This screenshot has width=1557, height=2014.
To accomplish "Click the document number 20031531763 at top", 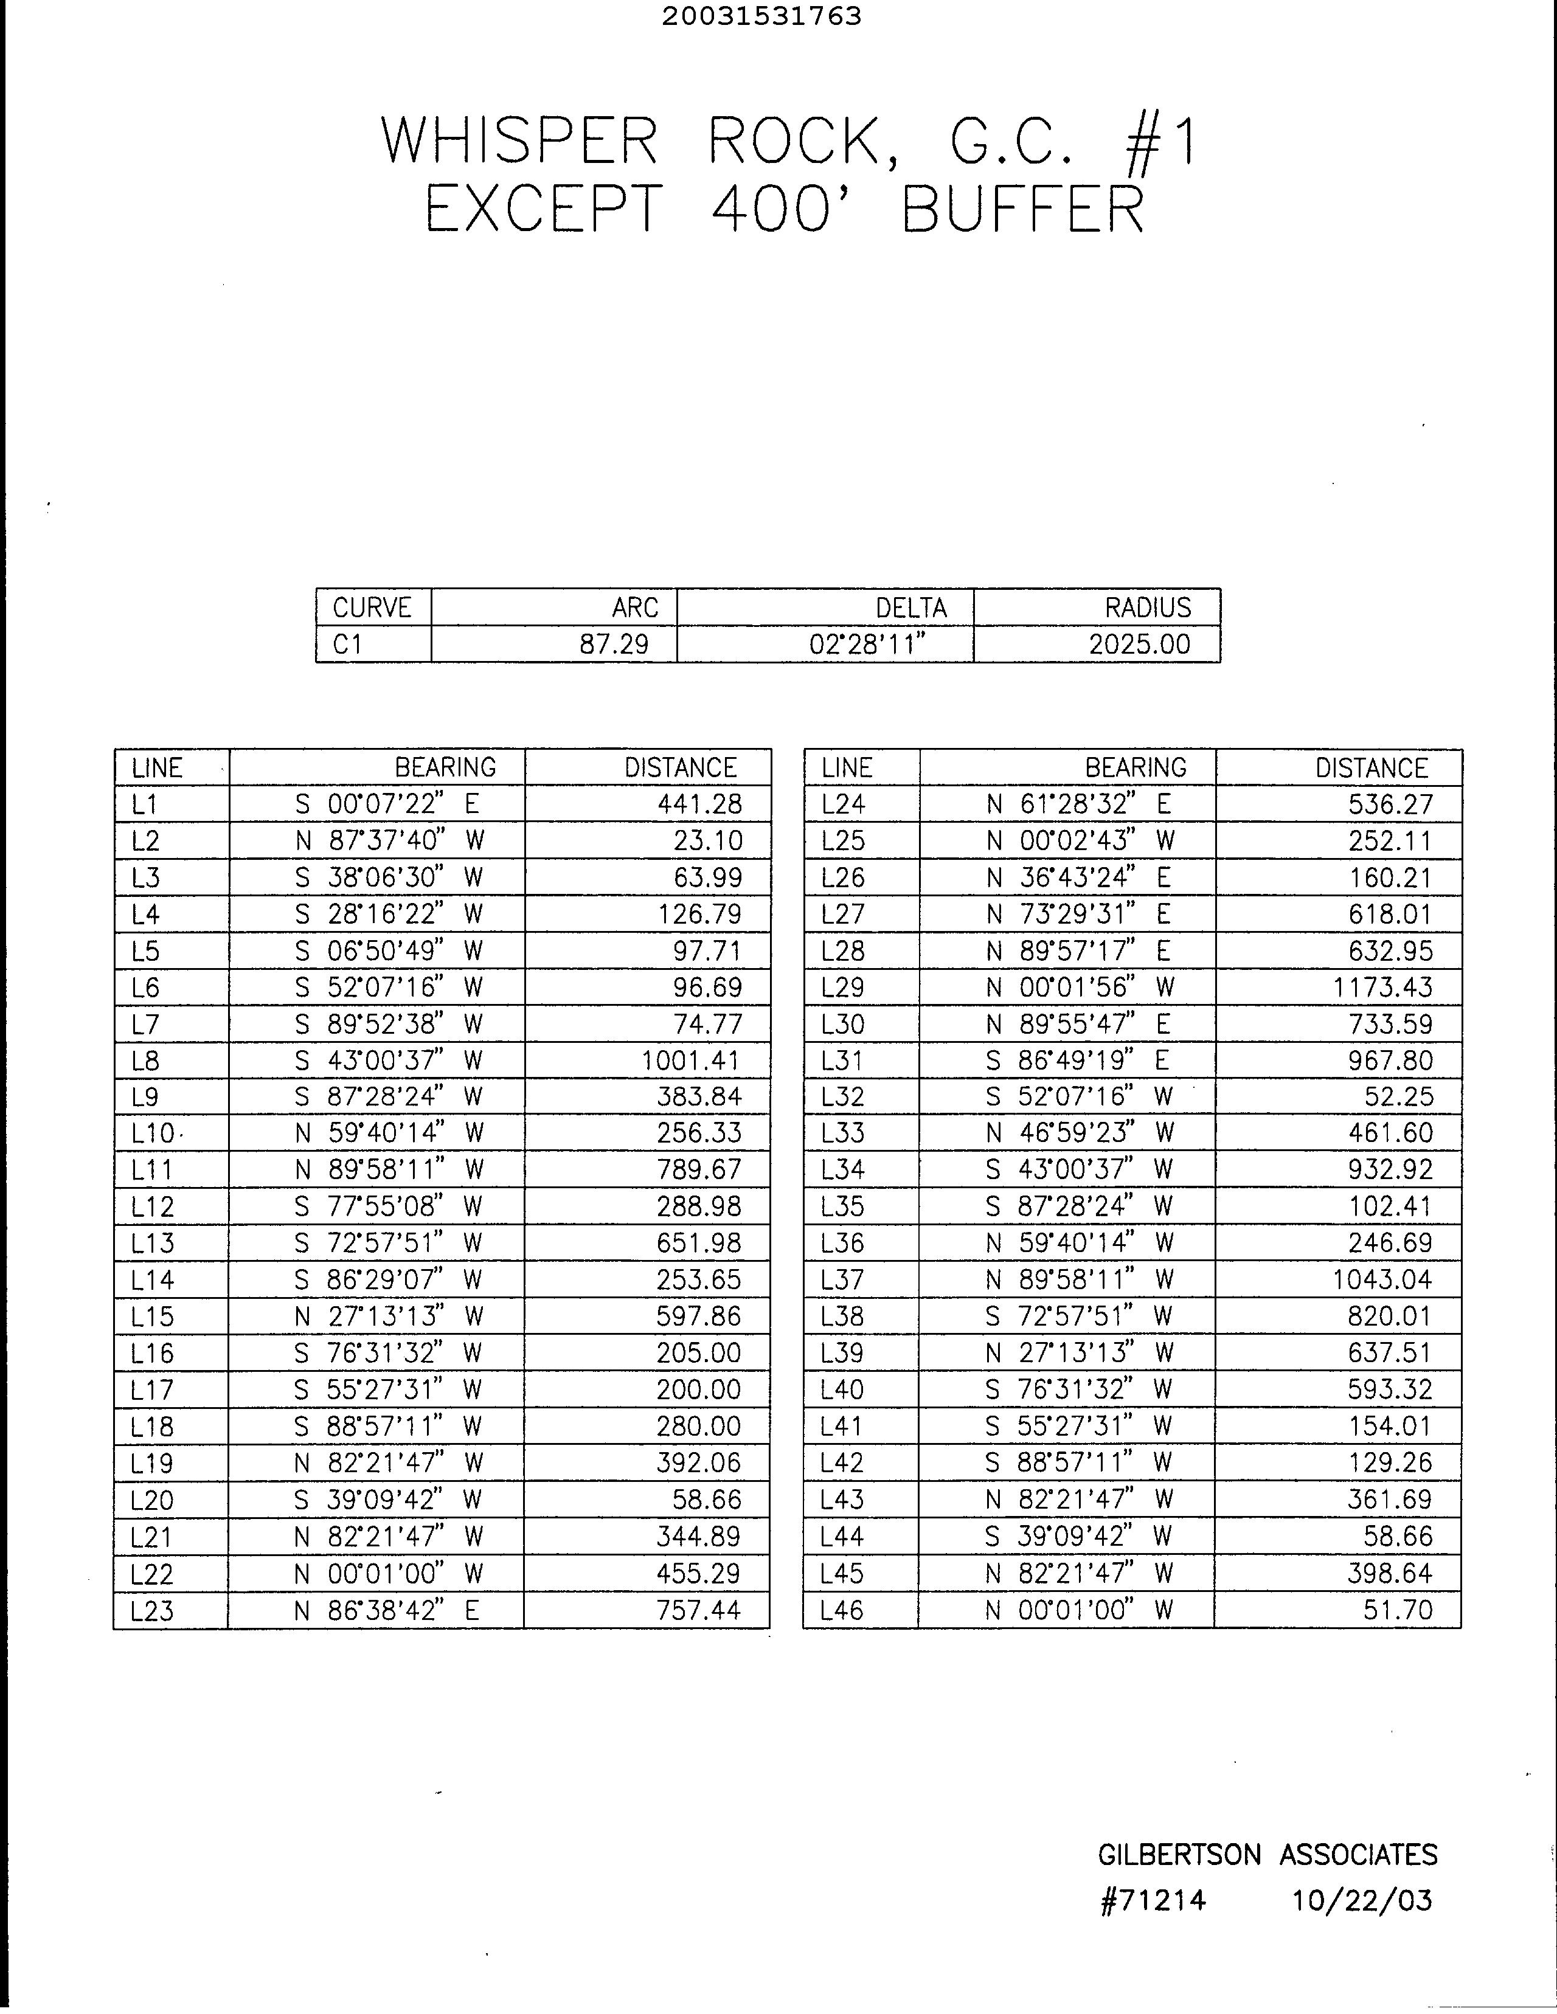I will click(761, 16).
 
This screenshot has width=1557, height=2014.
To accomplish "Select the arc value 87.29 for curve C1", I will click(614, 644).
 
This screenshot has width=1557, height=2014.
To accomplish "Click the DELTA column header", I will click(910, 607).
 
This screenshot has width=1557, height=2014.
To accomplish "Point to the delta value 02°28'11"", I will click(867, 644).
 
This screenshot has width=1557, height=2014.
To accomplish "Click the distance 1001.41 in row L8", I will click(691, 1061).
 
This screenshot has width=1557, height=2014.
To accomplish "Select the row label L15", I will click(152, 1317).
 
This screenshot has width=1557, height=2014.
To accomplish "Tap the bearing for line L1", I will click(386, 804).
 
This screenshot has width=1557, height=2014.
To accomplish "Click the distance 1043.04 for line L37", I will click(1382, 1280).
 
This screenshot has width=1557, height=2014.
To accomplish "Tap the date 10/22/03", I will click(1362, 1900).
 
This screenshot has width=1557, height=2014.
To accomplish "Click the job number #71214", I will click(1153, 1900).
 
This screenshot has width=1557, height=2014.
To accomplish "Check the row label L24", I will click(843, 804).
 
